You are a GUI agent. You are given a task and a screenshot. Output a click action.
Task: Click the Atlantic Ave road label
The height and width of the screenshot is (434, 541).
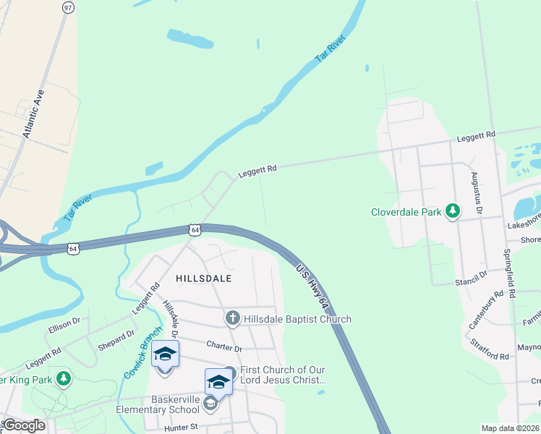33,114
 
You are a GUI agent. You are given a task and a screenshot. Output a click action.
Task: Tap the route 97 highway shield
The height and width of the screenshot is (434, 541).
68,7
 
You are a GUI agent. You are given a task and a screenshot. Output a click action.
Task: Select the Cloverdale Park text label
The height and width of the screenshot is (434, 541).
406,212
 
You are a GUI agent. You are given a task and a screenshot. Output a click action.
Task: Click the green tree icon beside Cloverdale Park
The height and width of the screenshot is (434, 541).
453,211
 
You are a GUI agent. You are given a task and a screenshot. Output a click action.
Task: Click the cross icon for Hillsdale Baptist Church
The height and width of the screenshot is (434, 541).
232,318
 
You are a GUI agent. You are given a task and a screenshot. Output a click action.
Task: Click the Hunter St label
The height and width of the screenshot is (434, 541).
181,427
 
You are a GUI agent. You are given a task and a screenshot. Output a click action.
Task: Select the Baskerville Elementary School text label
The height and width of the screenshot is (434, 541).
164,404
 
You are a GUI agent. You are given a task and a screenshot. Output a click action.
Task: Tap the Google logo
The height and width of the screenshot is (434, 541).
23,425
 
